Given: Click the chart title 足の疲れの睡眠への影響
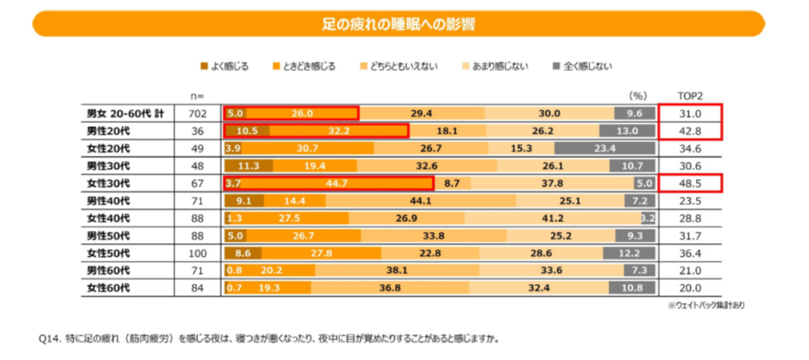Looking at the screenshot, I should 404,22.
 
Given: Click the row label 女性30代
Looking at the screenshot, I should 108,183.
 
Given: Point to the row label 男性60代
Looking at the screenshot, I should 108,271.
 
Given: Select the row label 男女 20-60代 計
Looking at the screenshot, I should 123,113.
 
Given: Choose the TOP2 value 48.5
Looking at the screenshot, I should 689,183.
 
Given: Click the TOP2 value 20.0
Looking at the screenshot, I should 689,289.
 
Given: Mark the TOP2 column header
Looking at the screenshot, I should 689,95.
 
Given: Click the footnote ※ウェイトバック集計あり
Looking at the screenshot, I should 707,306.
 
